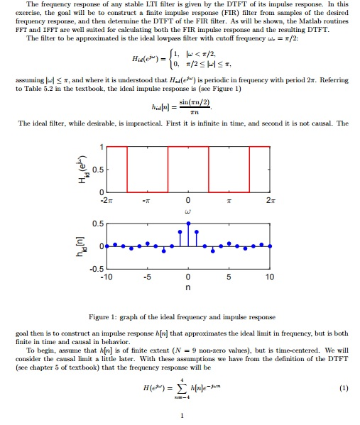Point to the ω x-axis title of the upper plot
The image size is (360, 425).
click(187, 211)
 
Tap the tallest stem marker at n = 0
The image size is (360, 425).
click(187, 223)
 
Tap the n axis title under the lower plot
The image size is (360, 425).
click(187, 289)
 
